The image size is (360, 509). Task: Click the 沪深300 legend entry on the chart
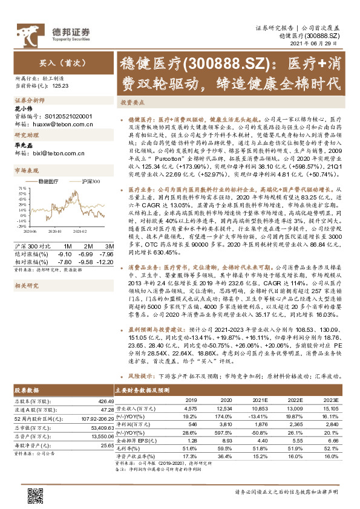[88, 181]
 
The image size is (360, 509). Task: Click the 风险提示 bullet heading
[140, 375]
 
